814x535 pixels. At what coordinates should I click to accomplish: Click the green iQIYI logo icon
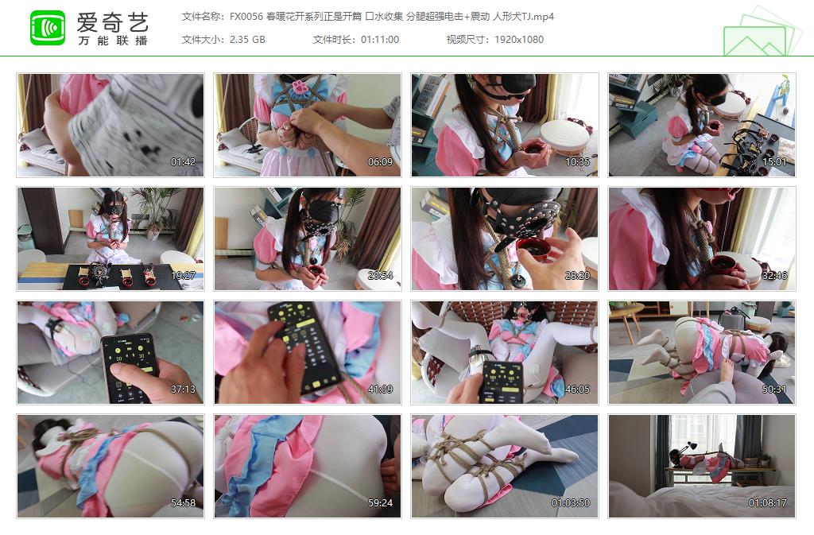pos(47,28)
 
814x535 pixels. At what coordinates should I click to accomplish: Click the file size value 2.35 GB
pos(246,39)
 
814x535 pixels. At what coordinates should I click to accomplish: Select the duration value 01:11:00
pos(380,39)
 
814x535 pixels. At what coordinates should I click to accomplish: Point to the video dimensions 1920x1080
pos(518,39)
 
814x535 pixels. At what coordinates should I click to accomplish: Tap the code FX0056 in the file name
pos(246,17)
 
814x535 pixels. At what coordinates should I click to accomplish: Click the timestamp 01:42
pos(183,162)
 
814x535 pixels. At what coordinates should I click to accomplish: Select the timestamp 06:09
pos(380,162)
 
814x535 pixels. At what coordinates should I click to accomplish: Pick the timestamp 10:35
pos(577,162)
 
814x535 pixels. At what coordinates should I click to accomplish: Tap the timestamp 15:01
pos(774,162)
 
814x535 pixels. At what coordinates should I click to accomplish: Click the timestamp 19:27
pos(183,276)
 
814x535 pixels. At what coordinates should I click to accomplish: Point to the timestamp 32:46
pos(774,276)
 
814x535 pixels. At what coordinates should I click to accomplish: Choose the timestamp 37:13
pos(183,390)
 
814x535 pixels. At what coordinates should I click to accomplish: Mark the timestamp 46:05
pos(577,390)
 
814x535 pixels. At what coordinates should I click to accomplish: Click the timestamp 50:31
pos(774,390)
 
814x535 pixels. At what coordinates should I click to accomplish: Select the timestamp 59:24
pos(380,503)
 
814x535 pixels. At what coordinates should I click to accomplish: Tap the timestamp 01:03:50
pos(571,503)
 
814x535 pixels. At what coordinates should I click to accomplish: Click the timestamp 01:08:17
pos(768,503)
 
